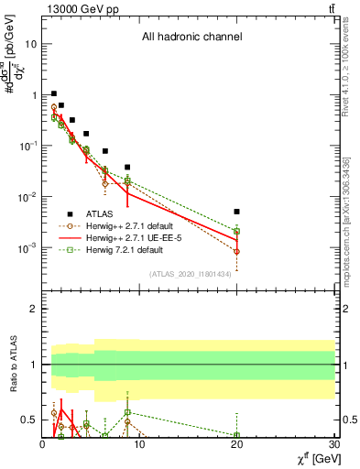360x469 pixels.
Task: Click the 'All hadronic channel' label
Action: tap(191, 38)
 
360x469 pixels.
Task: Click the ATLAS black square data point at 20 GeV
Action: tap(236, 212)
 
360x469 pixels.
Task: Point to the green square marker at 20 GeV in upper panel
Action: tap(236, 232)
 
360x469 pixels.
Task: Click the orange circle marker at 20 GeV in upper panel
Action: tap(236, 251)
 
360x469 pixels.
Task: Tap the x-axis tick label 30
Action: tap(333, 444)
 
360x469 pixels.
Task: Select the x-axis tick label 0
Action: tap(42, 444)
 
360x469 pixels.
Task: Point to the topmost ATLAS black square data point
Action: tap(54, 93)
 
